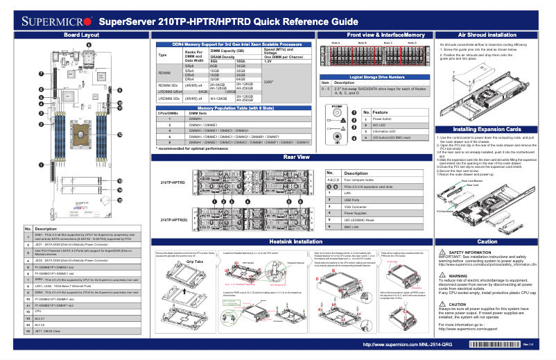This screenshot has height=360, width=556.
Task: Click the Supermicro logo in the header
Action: pos(47,20)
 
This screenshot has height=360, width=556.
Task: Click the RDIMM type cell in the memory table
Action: pos(164,72)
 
